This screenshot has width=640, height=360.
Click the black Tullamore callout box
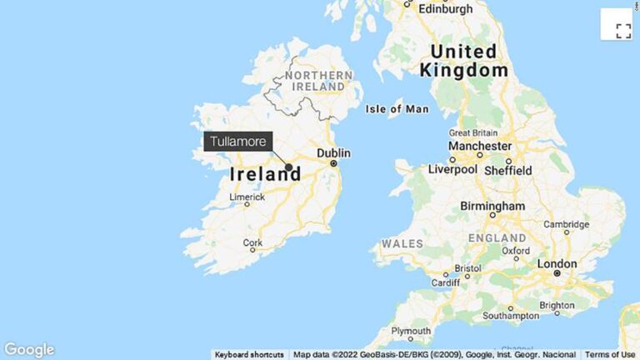click(x=238, y=142)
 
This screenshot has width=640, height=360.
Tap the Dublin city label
click(x=333, y=153)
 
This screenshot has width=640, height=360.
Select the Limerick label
click(x=247, y=197)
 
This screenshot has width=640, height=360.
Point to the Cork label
click(x=252, y=243)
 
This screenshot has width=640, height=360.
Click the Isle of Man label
click(x=397, y=109)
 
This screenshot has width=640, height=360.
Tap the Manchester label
click(x=479, y=147)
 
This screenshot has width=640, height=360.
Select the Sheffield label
click(x=508, y=170)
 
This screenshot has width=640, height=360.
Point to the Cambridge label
click(x=567, y=225)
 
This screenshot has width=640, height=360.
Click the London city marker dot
click(x=557, y=273)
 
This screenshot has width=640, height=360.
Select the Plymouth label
click(x=411, y=331)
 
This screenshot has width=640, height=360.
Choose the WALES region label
click(x=402, y=243)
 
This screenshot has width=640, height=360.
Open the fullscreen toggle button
click(x=622, y=31)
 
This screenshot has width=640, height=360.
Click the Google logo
click(x=29, y=350)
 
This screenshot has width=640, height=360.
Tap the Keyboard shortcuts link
click(x=249, y=355)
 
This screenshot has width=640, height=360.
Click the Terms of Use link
click(x=610, y=355)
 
